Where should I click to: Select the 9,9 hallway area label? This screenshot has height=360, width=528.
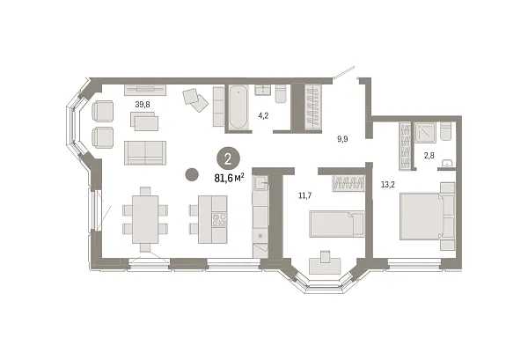coord(343,137)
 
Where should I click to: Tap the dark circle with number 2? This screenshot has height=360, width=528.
coord(227,159)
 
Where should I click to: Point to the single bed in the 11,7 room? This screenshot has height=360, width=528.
coord(335,224)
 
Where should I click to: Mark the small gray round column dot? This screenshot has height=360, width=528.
coord(190,174)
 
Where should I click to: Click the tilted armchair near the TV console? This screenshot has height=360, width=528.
coord(195,99)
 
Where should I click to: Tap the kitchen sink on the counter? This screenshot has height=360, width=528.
coord(260,183)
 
